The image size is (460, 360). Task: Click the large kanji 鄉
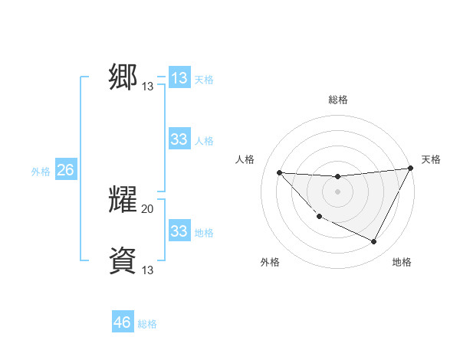pyautogui.click(x=123, y=77)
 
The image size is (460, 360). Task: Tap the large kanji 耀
pyautogui.click(x=123, y=200)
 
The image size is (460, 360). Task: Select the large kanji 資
pyautogui.click(x=123, y=261)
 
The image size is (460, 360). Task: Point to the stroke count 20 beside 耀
pyautogui.click(x=148, y=208)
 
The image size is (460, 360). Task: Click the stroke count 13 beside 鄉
pyautogui.click(x=148, y=87)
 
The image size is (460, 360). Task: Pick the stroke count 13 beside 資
pyautogui.click(x=148, y=270)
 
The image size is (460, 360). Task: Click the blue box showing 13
pyautogui.click(x=179, y=78)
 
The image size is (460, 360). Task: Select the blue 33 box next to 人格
pyautogui.click(x=179, y=139)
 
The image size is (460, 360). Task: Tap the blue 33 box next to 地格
pyautogui.click(x=179, y=231)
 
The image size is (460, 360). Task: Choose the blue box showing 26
pyautogui.click(x=65, y=170)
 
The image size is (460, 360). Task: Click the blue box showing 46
pyautogui.click(x=123, y=322)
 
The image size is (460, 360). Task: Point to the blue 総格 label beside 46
pyautogui.click(x=147, y=324)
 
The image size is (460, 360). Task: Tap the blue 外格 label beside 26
pyautogui.click(x=41, y=172)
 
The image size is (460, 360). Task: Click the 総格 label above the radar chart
pyautogui.click(x=337, y=100)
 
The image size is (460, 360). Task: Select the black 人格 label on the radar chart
pyautogui.click(x=245, y=159)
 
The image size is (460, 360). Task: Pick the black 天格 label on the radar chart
pyautogui.click(x=431, y=159)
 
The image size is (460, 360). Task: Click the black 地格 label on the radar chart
pyautogui.click(x=402, y=262)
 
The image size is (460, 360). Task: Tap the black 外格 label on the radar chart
pyautogui.click(x=270, y=262)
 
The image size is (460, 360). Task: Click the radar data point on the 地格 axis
pyautogui.click(x=374, y=242)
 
